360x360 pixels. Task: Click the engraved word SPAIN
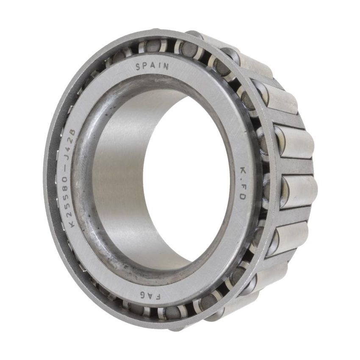(152, 66)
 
